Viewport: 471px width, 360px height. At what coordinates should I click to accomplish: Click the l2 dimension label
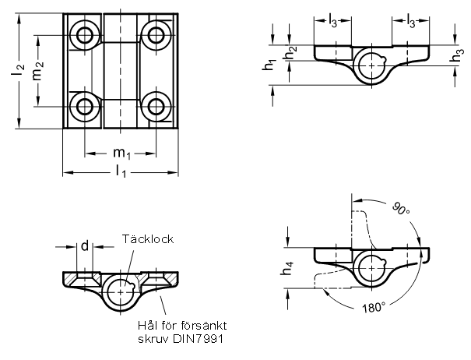tap(19, 70)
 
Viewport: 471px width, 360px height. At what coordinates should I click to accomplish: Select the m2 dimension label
tap(38, 71)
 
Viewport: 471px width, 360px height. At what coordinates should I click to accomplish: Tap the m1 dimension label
tap(121, 154)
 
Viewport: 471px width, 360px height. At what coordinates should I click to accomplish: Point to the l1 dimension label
tap(121, 171)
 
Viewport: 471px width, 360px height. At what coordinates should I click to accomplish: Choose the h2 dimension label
tap(290, 53)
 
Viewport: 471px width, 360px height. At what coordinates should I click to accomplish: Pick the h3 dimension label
tap(457, 56)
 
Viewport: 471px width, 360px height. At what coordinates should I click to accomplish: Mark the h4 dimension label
tap(287, 269)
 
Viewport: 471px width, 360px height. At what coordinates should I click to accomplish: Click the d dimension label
tap(85, 246)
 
